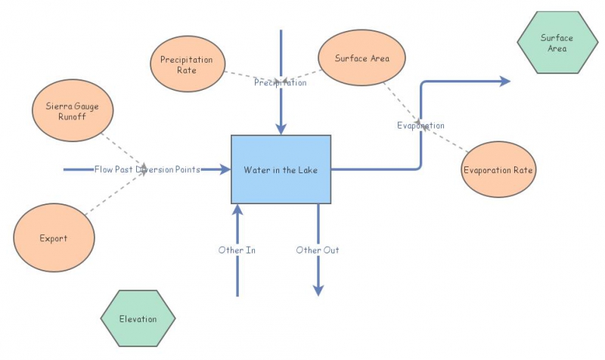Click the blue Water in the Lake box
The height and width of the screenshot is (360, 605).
[281, 169]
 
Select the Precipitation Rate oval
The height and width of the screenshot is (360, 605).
[187, 64]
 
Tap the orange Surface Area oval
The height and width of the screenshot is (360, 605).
[361, 57]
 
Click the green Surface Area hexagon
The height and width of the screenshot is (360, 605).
[556, 43]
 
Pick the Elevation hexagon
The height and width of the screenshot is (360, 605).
[138, 318]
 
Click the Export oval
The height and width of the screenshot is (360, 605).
[54, 238]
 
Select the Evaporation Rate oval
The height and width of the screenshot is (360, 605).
[498, 169]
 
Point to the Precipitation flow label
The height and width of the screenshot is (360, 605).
[280, 82]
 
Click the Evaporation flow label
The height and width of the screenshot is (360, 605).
[420, 125]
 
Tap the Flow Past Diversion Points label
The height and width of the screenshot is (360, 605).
[147, 169]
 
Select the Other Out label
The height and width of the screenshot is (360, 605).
[318, 250]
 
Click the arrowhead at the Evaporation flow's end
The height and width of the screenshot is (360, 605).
[504, 82]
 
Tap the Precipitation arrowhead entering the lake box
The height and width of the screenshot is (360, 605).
[281, 129]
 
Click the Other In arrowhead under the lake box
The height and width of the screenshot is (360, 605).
[238, 209]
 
